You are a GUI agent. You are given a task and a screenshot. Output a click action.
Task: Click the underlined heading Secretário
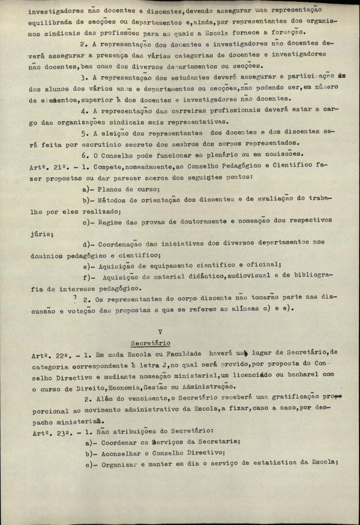(150, 343)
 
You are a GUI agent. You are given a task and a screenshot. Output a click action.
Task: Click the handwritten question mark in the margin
(74, 298)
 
